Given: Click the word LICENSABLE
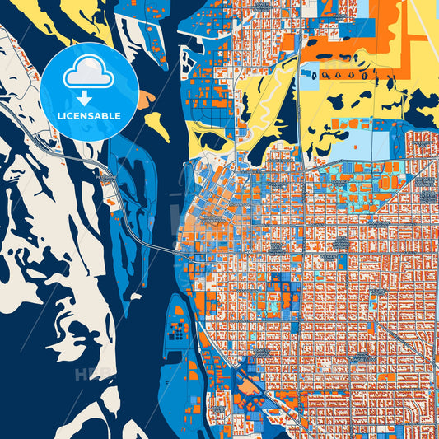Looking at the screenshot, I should (88, 115).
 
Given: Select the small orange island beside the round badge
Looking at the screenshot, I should (146, 99).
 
